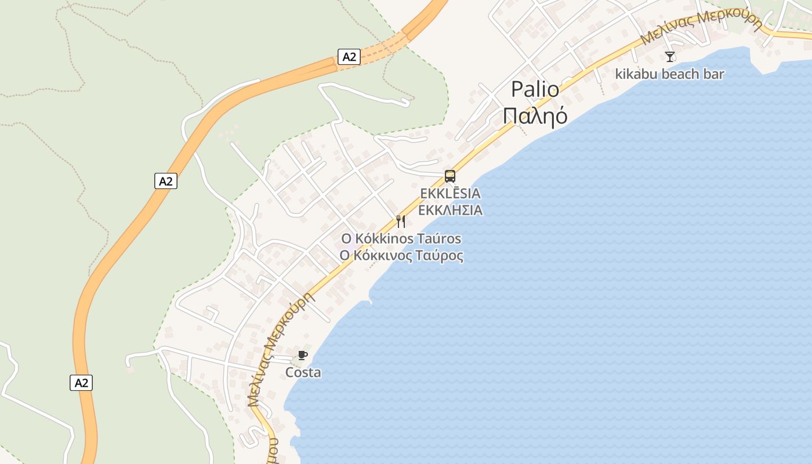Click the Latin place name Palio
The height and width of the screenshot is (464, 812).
pos(535,89)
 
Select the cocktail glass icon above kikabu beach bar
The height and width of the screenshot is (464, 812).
pos(670,56)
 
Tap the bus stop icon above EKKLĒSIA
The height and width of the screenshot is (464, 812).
pos(449,176)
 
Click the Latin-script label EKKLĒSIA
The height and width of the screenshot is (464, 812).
pos(450,193)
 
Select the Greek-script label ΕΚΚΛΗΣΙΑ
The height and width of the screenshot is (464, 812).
pos(450,210)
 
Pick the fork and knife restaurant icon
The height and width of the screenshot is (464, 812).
pos(401,221)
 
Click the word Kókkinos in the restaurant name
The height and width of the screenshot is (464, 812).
pos(384,238)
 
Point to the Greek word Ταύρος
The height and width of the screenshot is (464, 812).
pos(441,255)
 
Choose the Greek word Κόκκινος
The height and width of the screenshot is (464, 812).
pos(385,255)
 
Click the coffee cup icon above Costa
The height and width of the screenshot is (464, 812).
pos(302,355)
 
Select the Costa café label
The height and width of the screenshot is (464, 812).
pos(303,372)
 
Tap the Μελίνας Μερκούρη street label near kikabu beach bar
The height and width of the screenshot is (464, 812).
pos(702,26)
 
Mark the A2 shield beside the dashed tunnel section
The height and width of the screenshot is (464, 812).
pos(349,57)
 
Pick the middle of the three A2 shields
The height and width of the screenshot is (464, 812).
pos(166,181)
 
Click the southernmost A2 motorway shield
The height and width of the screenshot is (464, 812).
pos(81,383)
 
